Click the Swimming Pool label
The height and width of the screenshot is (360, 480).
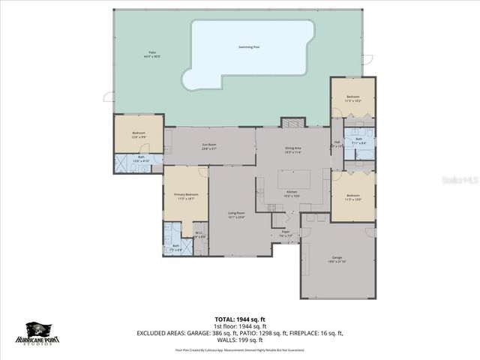[249, 47]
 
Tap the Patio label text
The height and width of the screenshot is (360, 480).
[153, 55]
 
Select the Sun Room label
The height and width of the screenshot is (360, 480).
[209, 146]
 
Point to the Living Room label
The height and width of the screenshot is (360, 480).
[237, 215]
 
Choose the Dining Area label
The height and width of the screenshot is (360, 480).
[292, 150]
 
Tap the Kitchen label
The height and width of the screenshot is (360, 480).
[292, 193]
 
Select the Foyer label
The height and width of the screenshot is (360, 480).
[286, 233]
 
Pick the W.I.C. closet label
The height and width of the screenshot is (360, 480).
[199, 234]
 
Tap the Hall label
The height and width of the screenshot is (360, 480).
[337, 144]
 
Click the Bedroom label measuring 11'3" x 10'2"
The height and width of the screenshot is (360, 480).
[352, 98]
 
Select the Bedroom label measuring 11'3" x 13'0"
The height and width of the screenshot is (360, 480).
[352, 198]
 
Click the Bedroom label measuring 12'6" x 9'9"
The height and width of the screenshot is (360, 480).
[139, 136]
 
